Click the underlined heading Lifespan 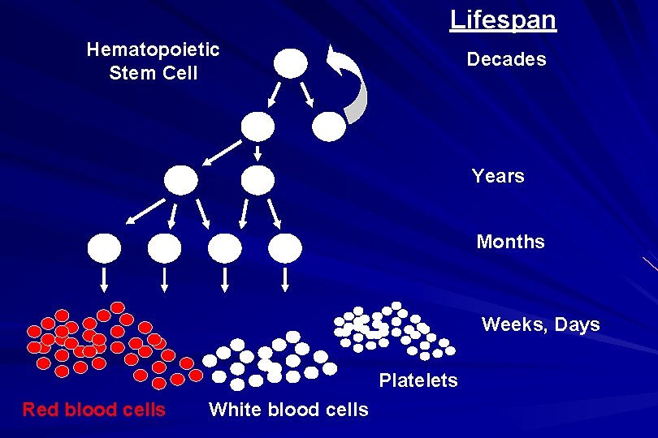coord(504,19)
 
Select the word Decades coord(506,60)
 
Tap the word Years coord(498,176)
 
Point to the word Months coord(510,242)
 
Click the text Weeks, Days coord(540,325)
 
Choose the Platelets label coord(418,380)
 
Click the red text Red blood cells coord(93,410)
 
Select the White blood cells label coord(288,410)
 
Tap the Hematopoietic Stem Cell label coord(153,61)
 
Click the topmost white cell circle coord(291,62)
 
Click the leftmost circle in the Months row coord(105,248)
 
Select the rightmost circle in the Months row coord(285,248)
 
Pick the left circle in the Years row coord(181,180)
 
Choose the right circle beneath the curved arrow coord(329,126)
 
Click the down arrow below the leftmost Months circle coord(105,280)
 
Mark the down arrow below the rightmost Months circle coord(285,280)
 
